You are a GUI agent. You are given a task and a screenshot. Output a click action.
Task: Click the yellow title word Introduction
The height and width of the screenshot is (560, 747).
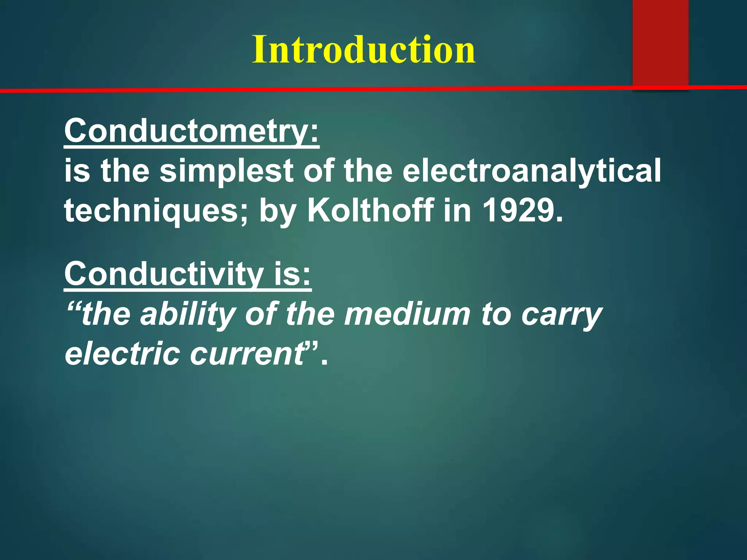(x=364, y=50)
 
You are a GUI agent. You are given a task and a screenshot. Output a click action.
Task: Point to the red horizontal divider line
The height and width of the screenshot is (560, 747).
(x=328, y=89)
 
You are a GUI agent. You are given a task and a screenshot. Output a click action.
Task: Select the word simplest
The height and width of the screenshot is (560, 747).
(x=227, y=171)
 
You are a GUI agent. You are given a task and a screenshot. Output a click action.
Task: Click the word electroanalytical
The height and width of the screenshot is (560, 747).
(x=531, y=171)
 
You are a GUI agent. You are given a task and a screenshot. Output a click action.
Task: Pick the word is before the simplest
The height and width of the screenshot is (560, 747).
(x=77, y=171)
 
